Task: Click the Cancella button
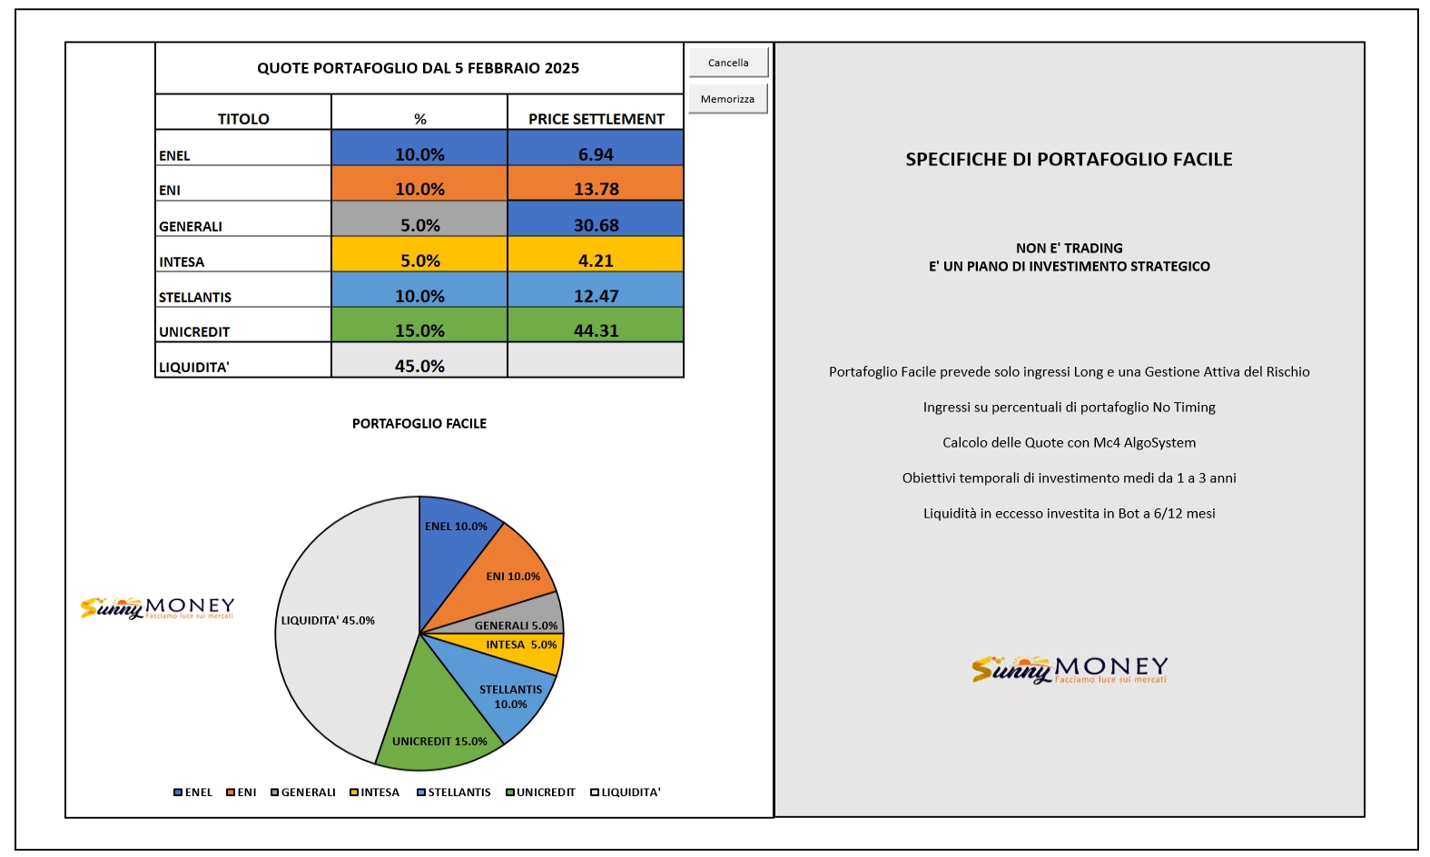pyautogui.click(x=728, y=63)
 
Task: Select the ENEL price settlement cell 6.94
pyautogui.click(x=596, y=148)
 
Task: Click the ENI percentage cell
pyautogui.click(x=419, y=183)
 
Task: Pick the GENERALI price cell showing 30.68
pyautogui.click(x=596, y=219)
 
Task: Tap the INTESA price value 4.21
pyautogui.click(x=596, y=254)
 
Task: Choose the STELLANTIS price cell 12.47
pyautogui.click(x=596, y=290)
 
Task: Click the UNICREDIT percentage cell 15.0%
pyautogui.click(x=419, y=325)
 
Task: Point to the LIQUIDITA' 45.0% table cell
pyautogui.click(x=419, y=360)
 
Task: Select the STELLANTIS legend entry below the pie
pyautogui.click(x=453, y=793)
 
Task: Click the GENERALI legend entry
pyautogui.click(x=302, y=793)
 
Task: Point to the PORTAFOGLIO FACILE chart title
pyautogui.click(x=419, y=424)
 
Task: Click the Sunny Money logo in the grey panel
pyautogui.click(x=1070, y=669)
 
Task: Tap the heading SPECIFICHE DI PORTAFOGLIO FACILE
pyautogui.click(x=1069, y=159)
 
